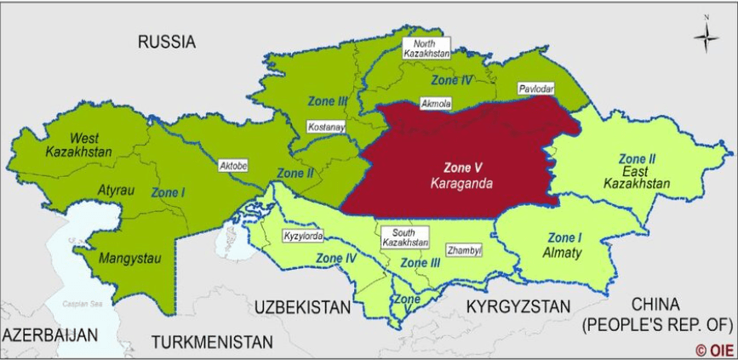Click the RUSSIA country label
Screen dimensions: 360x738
click(167, 41)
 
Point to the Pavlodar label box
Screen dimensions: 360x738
click(535, 89)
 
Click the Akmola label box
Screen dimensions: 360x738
click(436, 103)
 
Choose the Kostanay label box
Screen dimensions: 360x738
click(326, 127)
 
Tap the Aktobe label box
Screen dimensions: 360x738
click(232, 165)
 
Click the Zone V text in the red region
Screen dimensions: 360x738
click(462, 167)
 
